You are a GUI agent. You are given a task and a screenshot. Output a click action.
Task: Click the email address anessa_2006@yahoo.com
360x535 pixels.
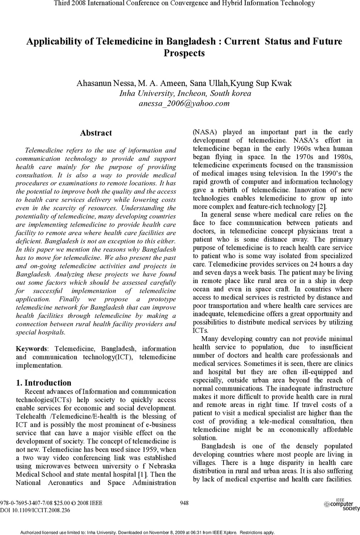(185, 104)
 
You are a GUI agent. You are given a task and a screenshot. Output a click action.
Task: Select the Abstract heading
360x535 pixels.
(96, 133)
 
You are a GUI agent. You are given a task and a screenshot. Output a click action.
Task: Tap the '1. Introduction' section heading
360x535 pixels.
(44, 383)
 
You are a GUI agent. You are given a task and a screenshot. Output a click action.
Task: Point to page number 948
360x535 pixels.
(184, 503)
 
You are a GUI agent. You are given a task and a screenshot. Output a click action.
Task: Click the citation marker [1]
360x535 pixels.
(143, 474)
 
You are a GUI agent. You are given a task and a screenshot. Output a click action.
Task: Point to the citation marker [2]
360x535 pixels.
(321, 206)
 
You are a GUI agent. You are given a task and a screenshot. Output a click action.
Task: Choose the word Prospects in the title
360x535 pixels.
(184, 53)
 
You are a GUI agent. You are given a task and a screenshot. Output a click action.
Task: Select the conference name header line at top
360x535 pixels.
(184, 4)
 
